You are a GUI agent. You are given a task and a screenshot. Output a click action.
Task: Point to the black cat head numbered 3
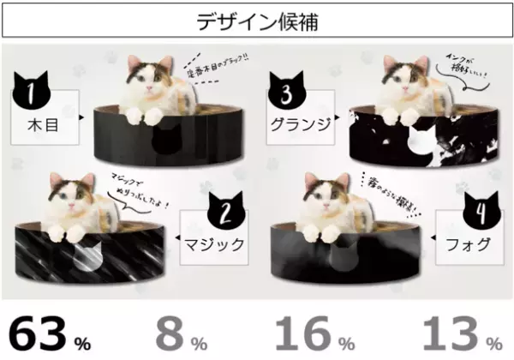pyautogui.click(x=289, y=91)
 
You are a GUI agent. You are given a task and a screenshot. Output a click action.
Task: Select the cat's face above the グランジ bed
pyautogui.click(x=400, y=79)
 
